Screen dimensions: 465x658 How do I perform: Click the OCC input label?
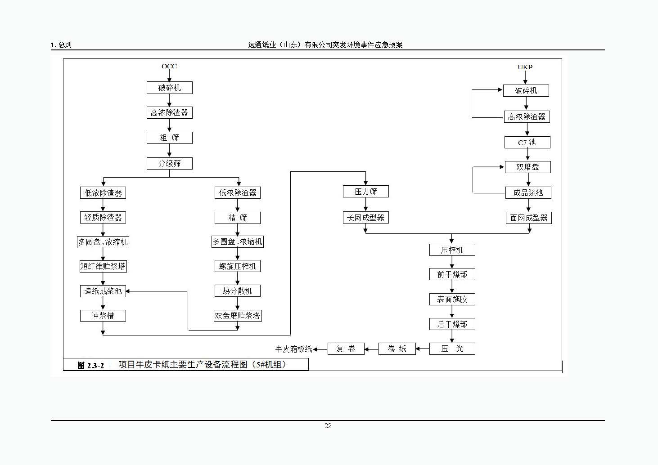tap(169, 67)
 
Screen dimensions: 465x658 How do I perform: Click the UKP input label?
tap(525, 67)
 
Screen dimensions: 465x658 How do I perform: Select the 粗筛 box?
tap(169, 138)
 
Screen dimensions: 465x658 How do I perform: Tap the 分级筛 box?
tap(169, 163)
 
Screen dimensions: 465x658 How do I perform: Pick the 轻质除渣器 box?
tap(103, 218)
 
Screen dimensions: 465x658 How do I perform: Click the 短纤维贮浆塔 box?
tap(103, 266)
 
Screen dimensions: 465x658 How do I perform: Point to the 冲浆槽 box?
tap(103, 316)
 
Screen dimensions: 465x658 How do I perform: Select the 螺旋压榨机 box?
tap(238, 266)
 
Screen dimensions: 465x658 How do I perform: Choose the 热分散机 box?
tap(238, 291)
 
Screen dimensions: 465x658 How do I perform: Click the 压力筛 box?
tap(365, 192)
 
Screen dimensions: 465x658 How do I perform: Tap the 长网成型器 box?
tap(365, 218)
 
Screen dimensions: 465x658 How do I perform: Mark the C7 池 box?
tap(527, 143)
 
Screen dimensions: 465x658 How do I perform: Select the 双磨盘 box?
tap(527, 167)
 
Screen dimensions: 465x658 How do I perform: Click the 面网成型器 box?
tap(529, 218)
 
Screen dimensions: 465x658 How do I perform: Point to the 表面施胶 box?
tap(452, 300)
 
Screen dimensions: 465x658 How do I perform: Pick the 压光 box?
tap(452, 349)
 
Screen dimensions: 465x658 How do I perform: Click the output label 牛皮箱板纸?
tap(294, 349)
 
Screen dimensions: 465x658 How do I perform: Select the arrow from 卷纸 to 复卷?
tap(371, 349)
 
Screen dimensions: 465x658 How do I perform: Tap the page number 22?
tap(328, 426)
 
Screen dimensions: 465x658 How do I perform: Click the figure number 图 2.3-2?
tap(90, 366)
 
